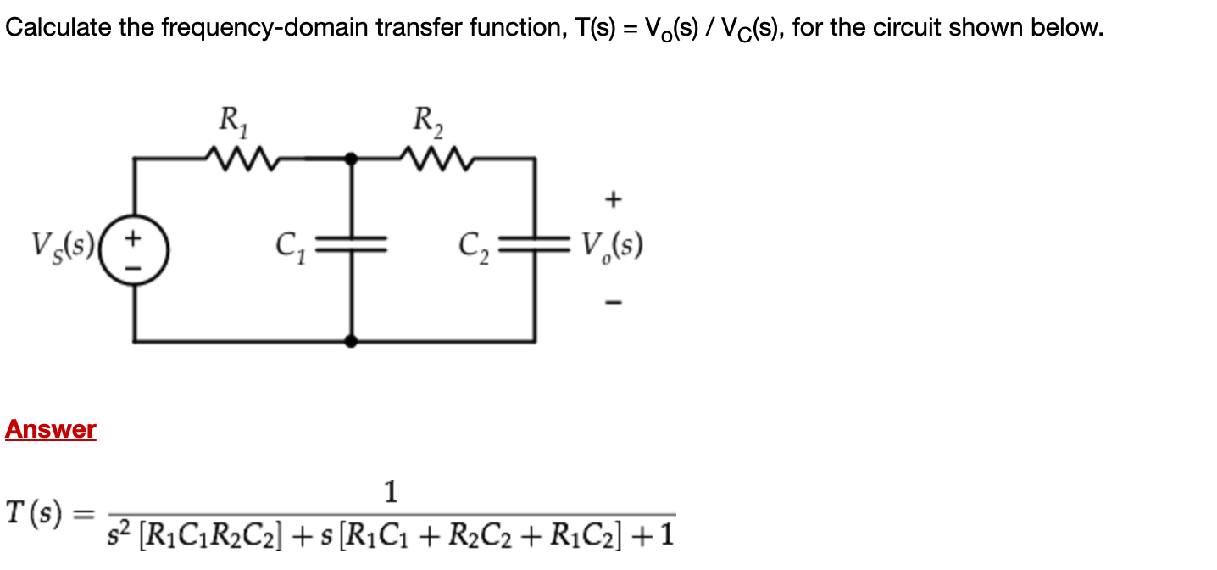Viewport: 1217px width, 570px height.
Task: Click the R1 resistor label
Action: pos(231,121)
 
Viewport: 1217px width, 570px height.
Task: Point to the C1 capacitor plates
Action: pos(353,247)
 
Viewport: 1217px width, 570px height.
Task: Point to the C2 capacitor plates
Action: pos(534,247)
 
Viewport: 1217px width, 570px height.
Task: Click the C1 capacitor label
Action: pos(290,247)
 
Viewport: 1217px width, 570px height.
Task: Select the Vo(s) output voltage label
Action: pos(612,247)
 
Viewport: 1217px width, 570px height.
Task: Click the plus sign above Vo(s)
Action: pos(613,200)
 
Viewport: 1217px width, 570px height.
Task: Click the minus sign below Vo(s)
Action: pos(613,301)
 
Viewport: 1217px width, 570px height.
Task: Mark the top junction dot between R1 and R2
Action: pos(353,158)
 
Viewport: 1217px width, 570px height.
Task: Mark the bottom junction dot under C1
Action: pos(353,341)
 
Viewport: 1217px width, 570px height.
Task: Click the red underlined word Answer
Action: pos(51,429)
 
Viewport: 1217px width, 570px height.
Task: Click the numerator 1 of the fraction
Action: pos(391,491)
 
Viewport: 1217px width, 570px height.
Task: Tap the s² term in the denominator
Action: pos(120,534)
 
